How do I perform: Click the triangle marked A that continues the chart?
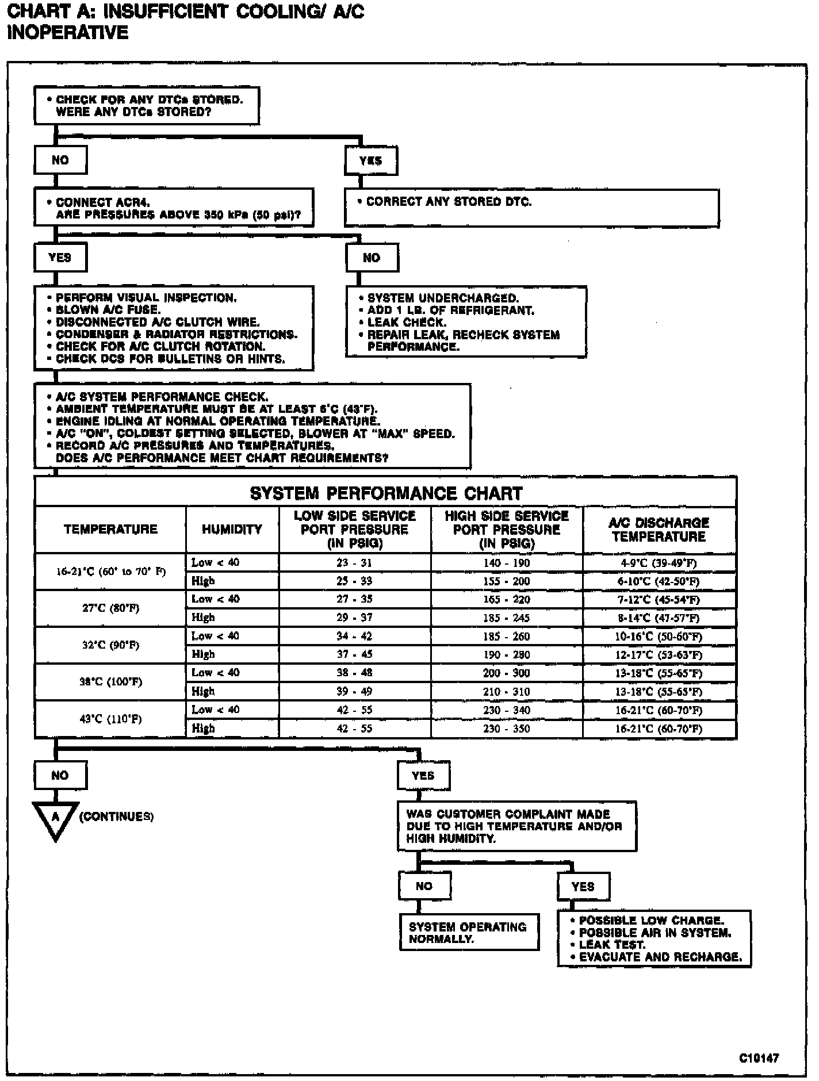(x=56, y=818)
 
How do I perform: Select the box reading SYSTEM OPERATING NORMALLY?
(x=469, y=933)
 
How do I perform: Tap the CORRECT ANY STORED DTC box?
(x=531, y=208)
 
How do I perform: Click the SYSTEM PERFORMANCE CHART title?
(x=386, y=493)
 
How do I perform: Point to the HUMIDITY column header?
(x=232, y=530)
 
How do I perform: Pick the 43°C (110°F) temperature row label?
(x=110, y=719)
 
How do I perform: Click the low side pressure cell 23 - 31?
(x=354, y=563)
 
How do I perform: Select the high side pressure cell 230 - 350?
(x=506, y=729)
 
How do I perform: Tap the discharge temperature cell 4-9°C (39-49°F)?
(x=659, y=563)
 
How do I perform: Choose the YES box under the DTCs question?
(x=370, y=160)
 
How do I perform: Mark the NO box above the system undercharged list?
(x=372, y=258)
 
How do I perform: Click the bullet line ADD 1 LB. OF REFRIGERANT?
(x=450, y=310)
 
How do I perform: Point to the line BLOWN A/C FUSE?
(x=108, y=310)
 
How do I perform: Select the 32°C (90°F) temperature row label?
(x=110, y=645)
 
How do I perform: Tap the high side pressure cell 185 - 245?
(x=506, y=618)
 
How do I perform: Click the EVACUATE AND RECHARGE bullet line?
(x=660, y=957)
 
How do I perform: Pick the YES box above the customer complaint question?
(x=423, y=776)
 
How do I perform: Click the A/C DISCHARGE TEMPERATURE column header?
(x=659, y=530)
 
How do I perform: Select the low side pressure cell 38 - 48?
(x=354, y=673)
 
